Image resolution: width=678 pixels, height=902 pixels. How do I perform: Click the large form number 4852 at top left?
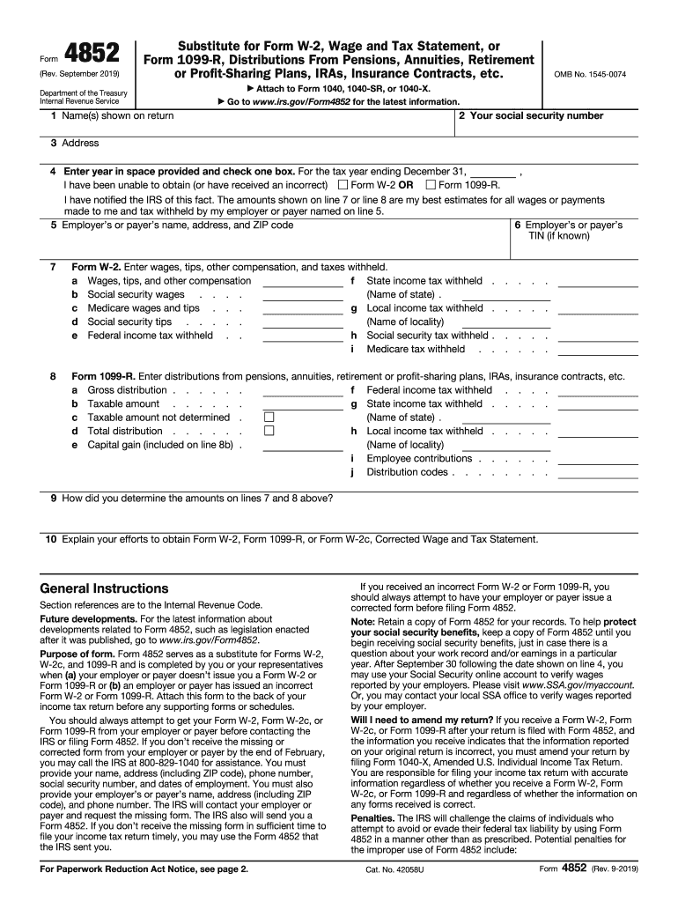click(92, 53)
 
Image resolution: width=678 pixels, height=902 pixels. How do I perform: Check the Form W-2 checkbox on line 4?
click(343, 185)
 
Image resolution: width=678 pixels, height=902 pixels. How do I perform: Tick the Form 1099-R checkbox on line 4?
click(431, 185)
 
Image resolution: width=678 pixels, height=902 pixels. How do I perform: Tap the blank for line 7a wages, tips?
click(303, 282)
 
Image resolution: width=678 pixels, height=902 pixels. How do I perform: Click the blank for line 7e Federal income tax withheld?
click(303, 336)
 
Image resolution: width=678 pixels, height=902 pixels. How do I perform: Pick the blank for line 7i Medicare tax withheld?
click(598, 351)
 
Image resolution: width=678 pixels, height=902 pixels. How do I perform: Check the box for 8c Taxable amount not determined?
click(269, 418)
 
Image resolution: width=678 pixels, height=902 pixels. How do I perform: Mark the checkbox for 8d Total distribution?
click(269, 432)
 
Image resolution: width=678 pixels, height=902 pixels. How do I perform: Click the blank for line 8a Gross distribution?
click(303, 391)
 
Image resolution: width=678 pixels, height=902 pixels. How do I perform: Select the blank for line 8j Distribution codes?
click(598, 473)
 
